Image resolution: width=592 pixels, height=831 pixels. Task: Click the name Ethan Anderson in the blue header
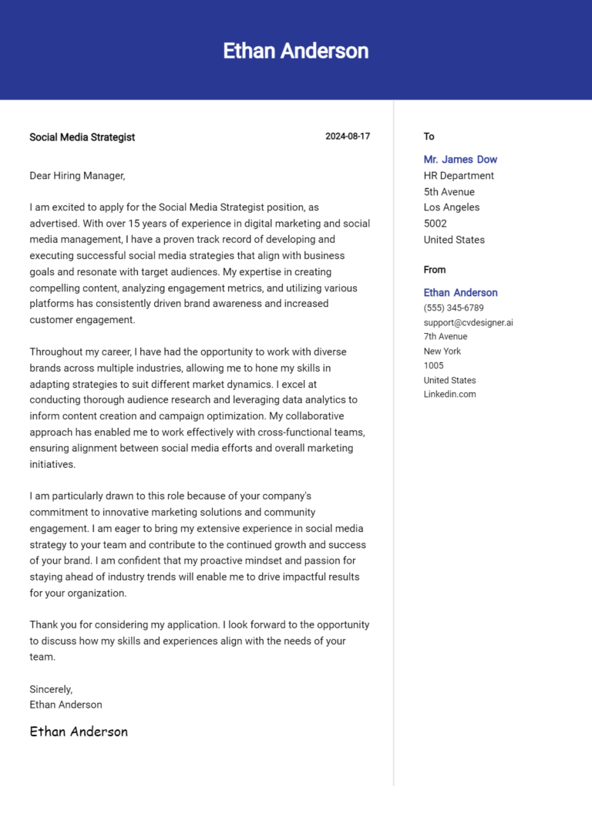(296, 51)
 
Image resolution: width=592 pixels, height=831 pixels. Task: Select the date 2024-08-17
(348, 136)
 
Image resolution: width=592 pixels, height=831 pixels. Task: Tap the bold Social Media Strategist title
(82, 137)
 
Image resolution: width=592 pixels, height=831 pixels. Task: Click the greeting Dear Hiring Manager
(77, 176)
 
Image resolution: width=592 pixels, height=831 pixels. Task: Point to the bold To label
(429, 136)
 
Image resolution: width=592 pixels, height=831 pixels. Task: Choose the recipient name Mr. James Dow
(460, 160)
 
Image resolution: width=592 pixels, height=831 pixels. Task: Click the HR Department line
(459, 176)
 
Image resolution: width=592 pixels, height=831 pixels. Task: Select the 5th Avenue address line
(449, 192)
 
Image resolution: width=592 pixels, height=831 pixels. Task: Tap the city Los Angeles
(451, 207)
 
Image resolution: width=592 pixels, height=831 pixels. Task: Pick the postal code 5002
(436, 224)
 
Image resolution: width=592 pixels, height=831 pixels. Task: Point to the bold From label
(435, 270)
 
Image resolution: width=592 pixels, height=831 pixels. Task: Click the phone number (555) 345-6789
(453, 308)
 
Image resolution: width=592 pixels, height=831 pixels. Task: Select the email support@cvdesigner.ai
(468, 322)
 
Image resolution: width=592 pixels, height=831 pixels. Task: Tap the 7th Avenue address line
(445, 336)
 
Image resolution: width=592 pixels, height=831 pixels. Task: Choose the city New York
(442, 351)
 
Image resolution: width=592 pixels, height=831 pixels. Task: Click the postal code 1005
(434, 365)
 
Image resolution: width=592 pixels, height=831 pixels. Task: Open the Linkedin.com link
(449, 394)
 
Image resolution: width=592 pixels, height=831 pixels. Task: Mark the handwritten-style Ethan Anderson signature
(79, 732)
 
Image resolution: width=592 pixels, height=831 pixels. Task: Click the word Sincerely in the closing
(51, 689)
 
